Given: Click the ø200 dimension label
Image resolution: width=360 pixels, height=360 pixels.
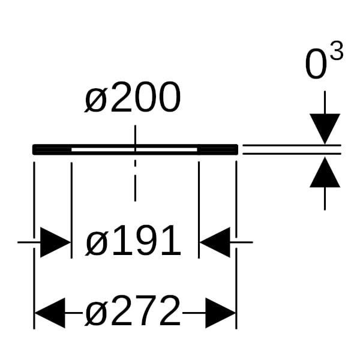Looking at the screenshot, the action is (133, 97).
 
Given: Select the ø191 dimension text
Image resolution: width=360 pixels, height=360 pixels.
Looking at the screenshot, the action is (133, 240).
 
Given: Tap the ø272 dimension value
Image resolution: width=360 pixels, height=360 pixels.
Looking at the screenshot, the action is (133, 310).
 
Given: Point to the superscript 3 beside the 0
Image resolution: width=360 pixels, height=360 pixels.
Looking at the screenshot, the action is (337, 51).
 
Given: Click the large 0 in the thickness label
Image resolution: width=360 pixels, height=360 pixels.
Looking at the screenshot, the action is (316, 64).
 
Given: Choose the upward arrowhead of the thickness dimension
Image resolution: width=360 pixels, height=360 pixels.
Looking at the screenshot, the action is (325, 172).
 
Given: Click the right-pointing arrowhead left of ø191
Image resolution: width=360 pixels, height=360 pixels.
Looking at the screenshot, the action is (55, 242).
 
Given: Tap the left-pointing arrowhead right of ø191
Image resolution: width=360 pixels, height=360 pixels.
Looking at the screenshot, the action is (215, 242).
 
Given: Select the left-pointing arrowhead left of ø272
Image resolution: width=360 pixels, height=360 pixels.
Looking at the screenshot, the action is (50, 313).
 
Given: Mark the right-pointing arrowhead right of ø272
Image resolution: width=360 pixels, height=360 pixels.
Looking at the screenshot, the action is (221, 313).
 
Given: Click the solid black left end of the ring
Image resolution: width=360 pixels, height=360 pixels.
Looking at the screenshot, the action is (52, 149).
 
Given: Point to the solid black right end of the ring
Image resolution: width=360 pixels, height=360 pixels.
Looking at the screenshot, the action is (218, 149).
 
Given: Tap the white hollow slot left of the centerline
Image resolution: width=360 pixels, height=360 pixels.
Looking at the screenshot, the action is (103, 149).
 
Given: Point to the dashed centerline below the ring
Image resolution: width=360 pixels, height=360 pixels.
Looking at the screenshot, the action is (135, 181).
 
